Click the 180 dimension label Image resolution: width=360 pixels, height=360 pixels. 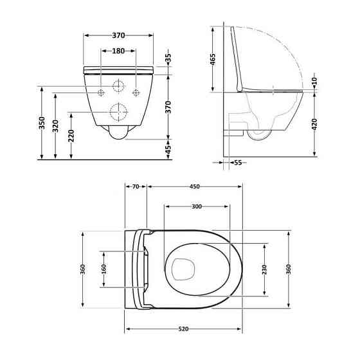coord(118,51)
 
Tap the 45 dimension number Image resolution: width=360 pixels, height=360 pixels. coord(168,149)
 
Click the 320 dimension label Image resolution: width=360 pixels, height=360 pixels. coord(57,125)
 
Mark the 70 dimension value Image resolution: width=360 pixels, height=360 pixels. coord(136,186)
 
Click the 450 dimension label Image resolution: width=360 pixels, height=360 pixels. coord(195,186)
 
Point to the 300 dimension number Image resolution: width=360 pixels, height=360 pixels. coord(197,206)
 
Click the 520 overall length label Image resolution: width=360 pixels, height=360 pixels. coord(183,329)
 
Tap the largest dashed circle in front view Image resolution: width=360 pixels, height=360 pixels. coord(118,112)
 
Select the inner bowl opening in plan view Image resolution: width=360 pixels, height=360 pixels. coord(183,269)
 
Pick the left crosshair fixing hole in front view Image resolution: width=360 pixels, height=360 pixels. coord(102,93)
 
